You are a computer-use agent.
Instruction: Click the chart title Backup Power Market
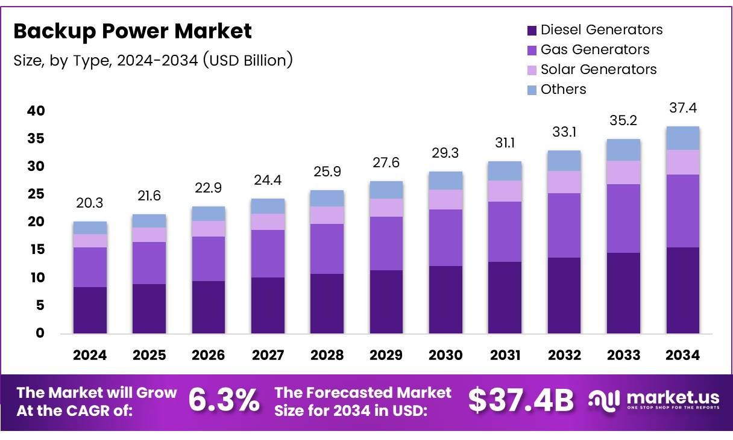[x=133, y=31]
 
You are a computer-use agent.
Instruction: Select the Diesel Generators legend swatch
[x=532, y=30]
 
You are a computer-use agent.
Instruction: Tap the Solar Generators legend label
[x=598, y=69]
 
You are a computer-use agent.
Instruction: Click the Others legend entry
[x=563, y=89]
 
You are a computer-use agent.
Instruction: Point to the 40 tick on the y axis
[x=36, y=111]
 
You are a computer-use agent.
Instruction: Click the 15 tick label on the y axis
[x=36, y=250]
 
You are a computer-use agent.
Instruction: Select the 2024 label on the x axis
[x=90, y=355]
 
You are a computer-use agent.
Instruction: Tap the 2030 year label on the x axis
[x=445, y=355]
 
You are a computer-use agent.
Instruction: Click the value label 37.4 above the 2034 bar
[x=683, y=108]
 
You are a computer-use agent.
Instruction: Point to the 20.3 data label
[x=90, y=204]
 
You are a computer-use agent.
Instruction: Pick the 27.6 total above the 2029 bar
[x=386, y=163]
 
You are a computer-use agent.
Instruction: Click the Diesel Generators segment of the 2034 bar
[x=682, y=290]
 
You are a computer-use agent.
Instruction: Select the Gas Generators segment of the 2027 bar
[x=268, y=253]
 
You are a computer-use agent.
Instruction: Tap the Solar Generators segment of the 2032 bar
[x=564, y=182]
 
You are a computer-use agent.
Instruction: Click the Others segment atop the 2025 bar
[x=149, y=220]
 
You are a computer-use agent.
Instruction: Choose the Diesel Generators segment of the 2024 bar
[x=90, y=310]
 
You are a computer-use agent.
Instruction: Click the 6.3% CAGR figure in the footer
[x=224, y=400]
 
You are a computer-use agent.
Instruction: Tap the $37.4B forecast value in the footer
[x=521, y=400]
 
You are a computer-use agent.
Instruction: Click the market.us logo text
[x=673, y=397]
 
